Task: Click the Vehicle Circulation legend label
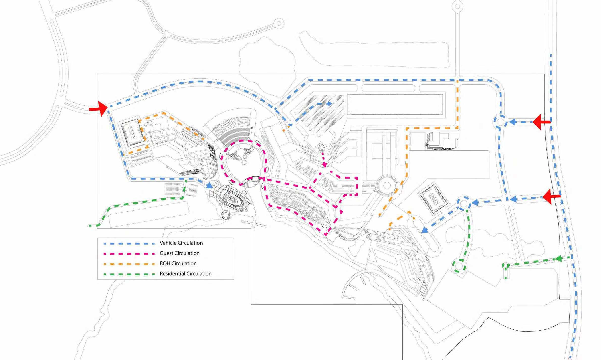(x=181, y=243)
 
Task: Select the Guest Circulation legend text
(x=180, y=253)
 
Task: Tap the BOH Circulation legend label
(x=178, y=263)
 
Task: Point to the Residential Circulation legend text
(x=185, y=274)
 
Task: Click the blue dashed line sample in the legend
(x=129, y=244)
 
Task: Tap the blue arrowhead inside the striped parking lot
(x=329, y=103)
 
